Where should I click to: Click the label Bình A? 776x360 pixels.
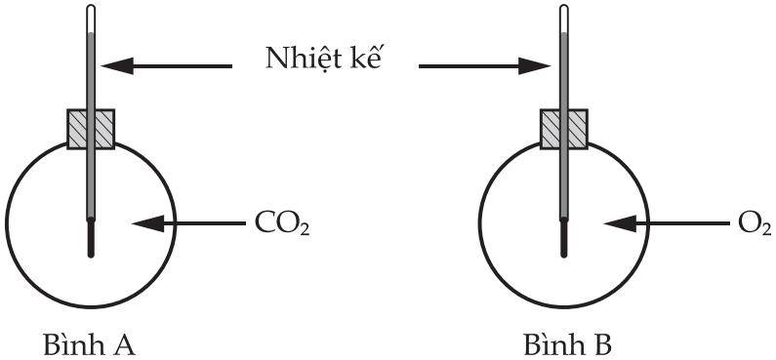[x=89, y=344]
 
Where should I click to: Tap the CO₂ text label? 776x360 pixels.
[x=282, y=224]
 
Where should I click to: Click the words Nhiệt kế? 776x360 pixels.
[x=325, y=60]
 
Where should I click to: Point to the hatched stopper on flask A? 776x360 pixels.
[x=91, y=129]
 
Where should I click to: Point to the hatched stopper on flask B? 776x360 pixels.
[x=563, y=129]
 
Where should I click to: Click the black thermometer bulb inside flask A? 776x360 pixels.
[x=91, y=238]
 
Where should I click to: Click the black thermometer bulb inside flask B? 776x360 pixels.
[x=563, y=238]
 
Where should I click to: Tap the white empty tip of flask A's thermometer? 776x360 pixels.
[x=91, y=20]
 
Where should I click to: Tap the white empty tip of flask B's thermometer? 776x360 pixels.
[x=563, y=20]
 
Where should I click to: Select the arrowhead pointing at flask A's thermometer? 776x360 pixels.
[x=118, y=65]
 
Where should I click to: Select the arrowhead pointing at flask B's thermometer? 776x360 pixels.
[x=535, y=65]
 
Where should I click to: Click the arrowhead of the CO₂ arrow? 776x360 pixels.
[x=148, y=223]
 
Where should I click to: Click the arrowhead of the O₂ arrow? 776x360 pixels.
[x=621, y=223]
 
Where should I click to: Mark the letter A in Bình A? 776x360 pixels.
[x=123, y=345]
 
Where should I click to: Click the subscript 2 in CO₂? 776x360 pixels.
[x=305, y=229]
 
